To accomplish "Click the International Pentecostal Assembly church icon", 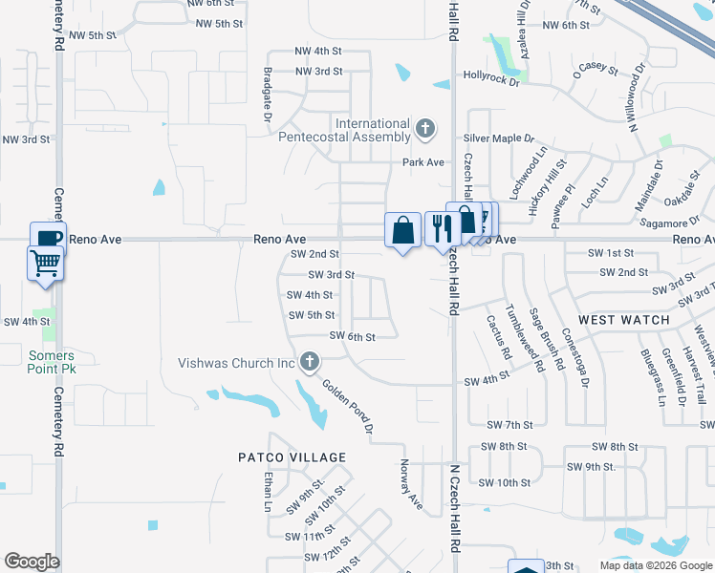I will coord(425,127).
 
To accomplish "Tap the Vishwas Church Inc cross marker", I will coord(308,362).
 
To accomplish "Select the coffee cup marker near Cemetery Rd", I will coord(47,237).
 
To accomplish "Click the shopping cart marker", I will coord(46,262).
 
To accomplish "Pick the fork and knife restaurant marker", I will coord(441,228).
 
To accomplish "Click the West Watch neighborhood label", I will coord(624,320).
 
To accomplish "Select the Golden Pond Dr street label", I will coord(347,408).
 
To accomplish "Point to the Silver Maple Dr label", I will coord(500,138).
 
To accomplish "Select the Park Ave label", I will coord(423,162).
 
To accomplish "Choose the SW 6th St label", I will coord(352,336).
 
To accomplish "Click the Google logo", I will coord(32,562).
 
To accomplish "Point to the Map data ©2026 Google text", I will coord(655,565).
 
